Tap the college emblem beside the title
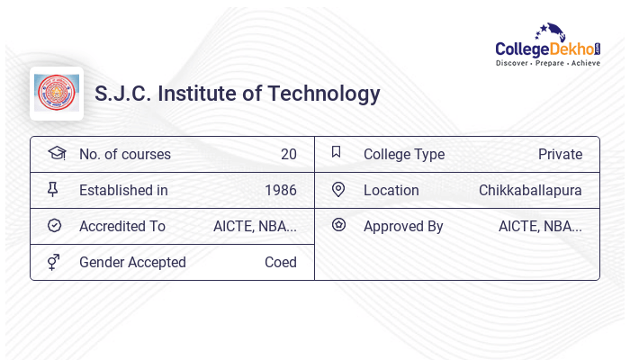(x=57, y=94)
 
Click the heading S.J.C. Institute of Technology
(x=238, y=94)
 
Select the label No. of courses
(x=125, y=154)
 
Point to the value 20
(x=288, y=154)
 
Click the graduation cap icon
(x=56, y=153)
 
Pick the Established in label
(x=123, y=190)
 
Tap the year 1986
(x=280, y=190)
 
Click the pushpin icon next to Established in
(x=53, y=189)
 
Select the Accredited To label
(x=122, y=226)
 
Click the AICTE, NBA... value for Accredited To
(x=255, y=226)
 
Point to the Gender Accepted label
(x=132, y=262)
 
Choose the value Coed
(x=280, y=262)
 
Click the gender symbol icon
(x=53, y=262)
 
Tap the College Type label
(x=404, y=154)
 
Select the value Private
(x=560, y=154)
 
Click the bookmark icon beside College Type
(x=336, y=152)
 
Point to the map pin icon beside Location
(x=338, y=189)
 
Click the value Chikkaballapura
(x=530, y=190)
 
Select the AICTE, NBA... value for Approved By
(x=540, y=226)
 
